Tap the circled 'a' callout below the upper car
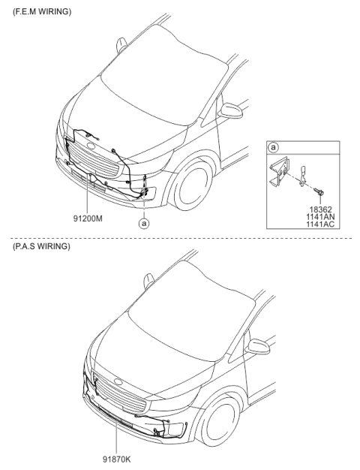coord(143,223)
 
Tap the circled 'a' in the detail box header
coord(274,149)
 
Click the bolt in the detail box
coord(319,191)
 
